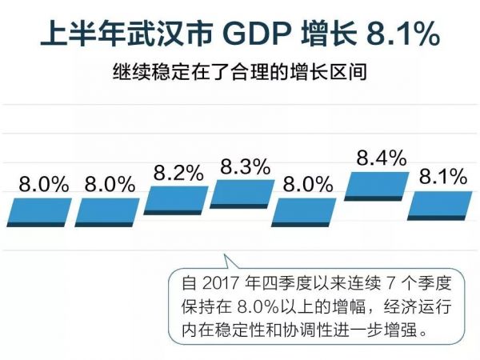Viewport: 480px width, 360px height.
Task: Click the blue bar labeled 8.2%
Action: pos(176,198)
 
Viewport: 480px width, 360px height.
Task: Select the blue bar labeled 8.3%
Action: pos(242,194)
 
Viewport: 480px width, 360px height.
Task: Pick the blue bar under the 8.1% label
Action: pos(439,203)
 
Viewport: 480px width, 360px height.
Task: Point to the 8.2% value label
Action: pos(178,173)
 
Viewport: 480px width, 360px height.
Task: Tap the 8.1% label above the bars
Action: pos(442,177)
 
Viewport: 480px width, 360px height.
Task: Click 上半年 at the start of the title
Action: pos(77,37)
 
